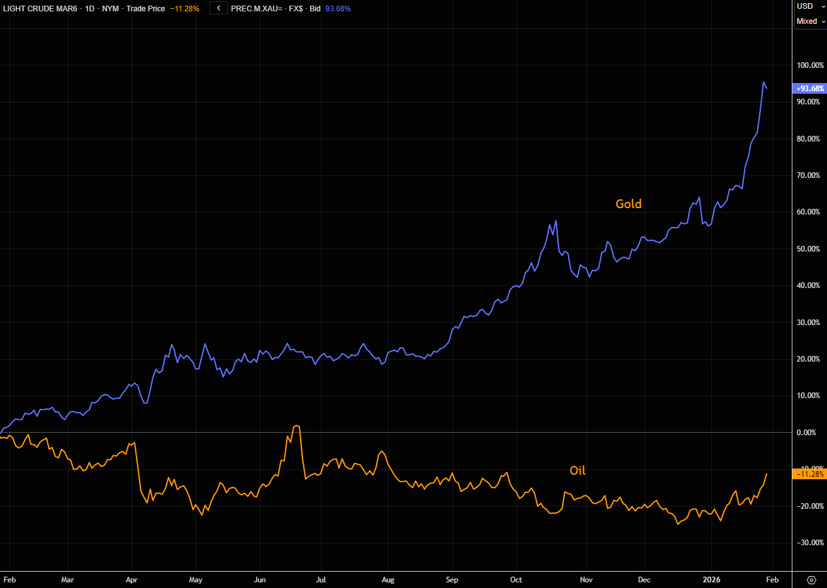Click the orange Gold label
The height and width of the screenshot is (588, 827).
click(628, 204)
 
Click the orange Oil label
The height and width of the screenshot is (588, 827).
click(577, 470)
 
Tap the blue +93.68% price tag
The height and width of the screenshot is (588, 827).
click(810, 89)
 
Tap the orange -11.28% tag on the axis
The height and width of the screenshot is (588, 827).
click(810, 474)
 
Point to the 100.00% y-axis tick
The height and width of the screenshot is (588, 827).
click(810, 65)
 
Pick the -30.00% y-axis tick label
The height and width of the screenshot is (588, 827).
click(810, 543)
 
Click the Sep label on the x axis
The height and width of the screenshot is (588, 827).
click(452, 580)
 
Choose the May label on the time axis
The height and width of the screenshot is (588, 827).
click(196, 580)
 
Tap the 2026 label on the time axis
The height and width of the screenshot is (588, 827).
click(711, 580)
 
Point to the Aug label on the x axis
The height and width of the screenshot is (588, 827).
click(388, 580)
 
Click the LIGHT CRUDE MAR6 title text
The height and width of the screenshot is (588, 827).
click(40, 9)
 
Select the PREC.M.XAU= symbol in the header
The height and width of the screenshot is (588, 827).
click(257, 9)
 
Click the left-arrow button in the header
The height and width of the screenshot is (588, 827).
click(218, 9)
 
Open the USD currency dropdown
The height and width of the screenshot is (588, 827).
click(810, 6)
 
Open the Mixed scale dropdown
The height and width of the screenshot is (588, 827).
click(810, 21)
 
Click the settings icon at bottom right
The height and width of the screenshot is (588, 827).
click(811, 580)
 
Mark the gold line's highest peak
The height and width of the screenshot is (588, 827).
click(763, 82)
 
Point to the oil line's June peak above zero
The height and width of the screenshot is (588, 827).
click(296, 426)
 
